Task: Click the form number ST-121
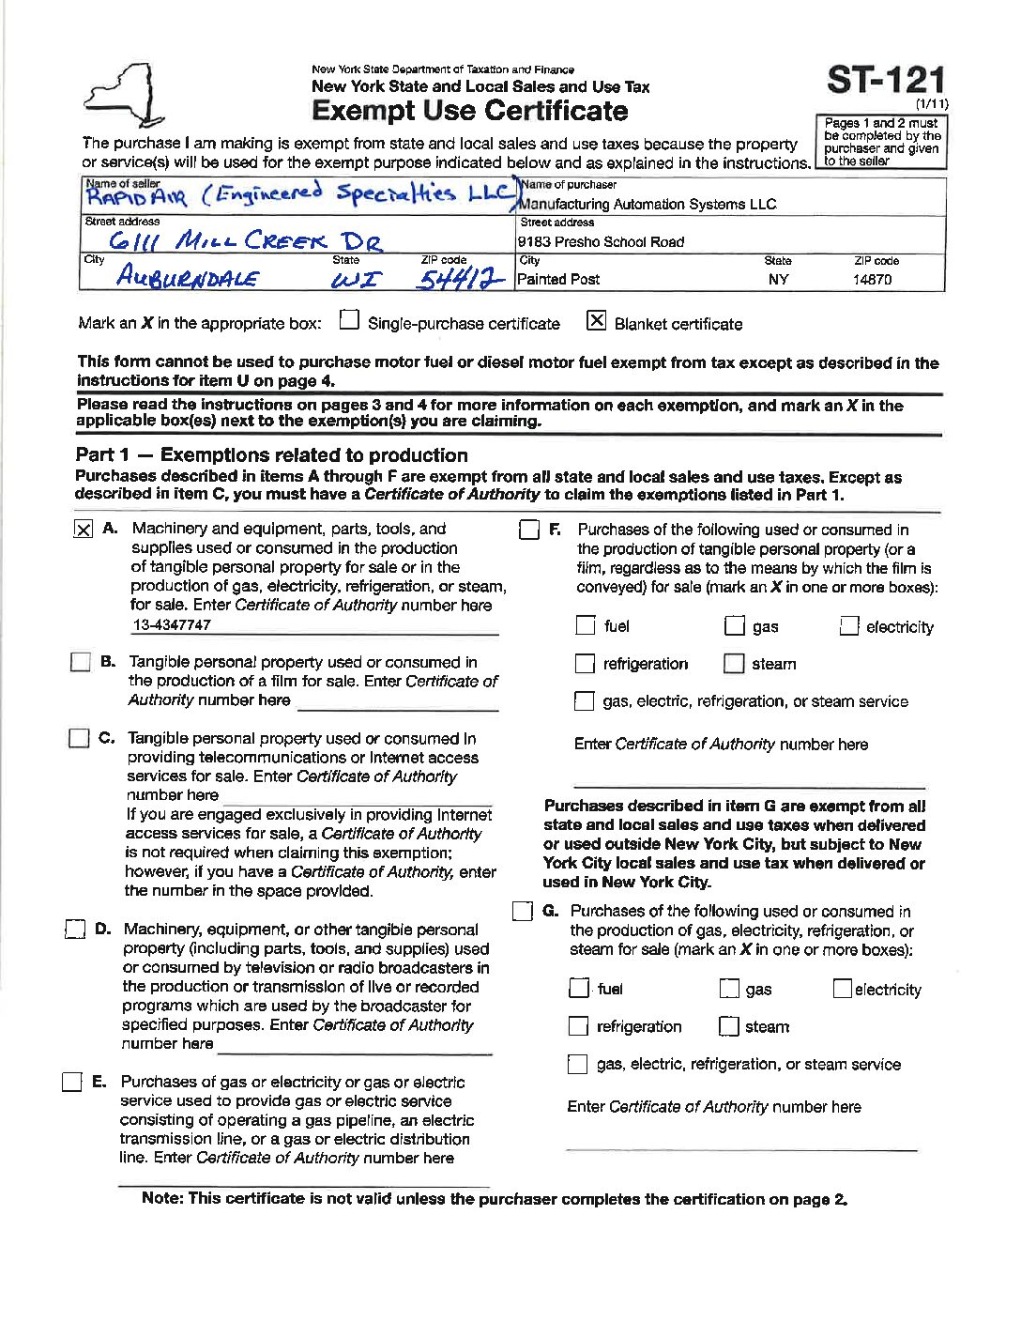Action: point(885,81)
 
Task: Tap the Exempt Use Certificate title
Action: point(469,111)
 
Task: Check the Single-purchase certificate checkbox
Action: point(349,321)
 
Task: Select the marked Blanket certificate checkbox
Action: point(596,321)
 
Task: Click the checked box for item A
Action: point(83,530)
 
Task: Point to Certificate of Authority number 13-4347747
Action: point(172,625)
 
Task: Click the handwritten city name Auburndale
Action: point(188,277)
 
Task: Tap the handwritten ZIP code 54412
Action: point(461,279)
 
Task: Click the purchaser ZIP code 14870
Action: point(872,280)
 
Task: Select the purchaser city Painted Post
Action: point(558,280)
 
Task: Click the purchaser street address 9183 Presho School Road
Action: point(601,242)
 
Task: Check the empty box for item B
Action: point(81,662)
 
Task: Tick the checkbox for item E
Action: point(72,1082)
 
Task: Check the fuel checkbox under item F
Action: point(586,625)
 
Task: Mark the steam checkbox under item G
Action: point(728,1026)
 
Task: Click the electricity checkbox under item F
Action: point(848,626)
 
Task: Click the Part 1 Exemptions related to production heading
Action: point(271,455)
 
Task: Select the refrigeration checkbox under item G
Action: point(579,1026)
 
